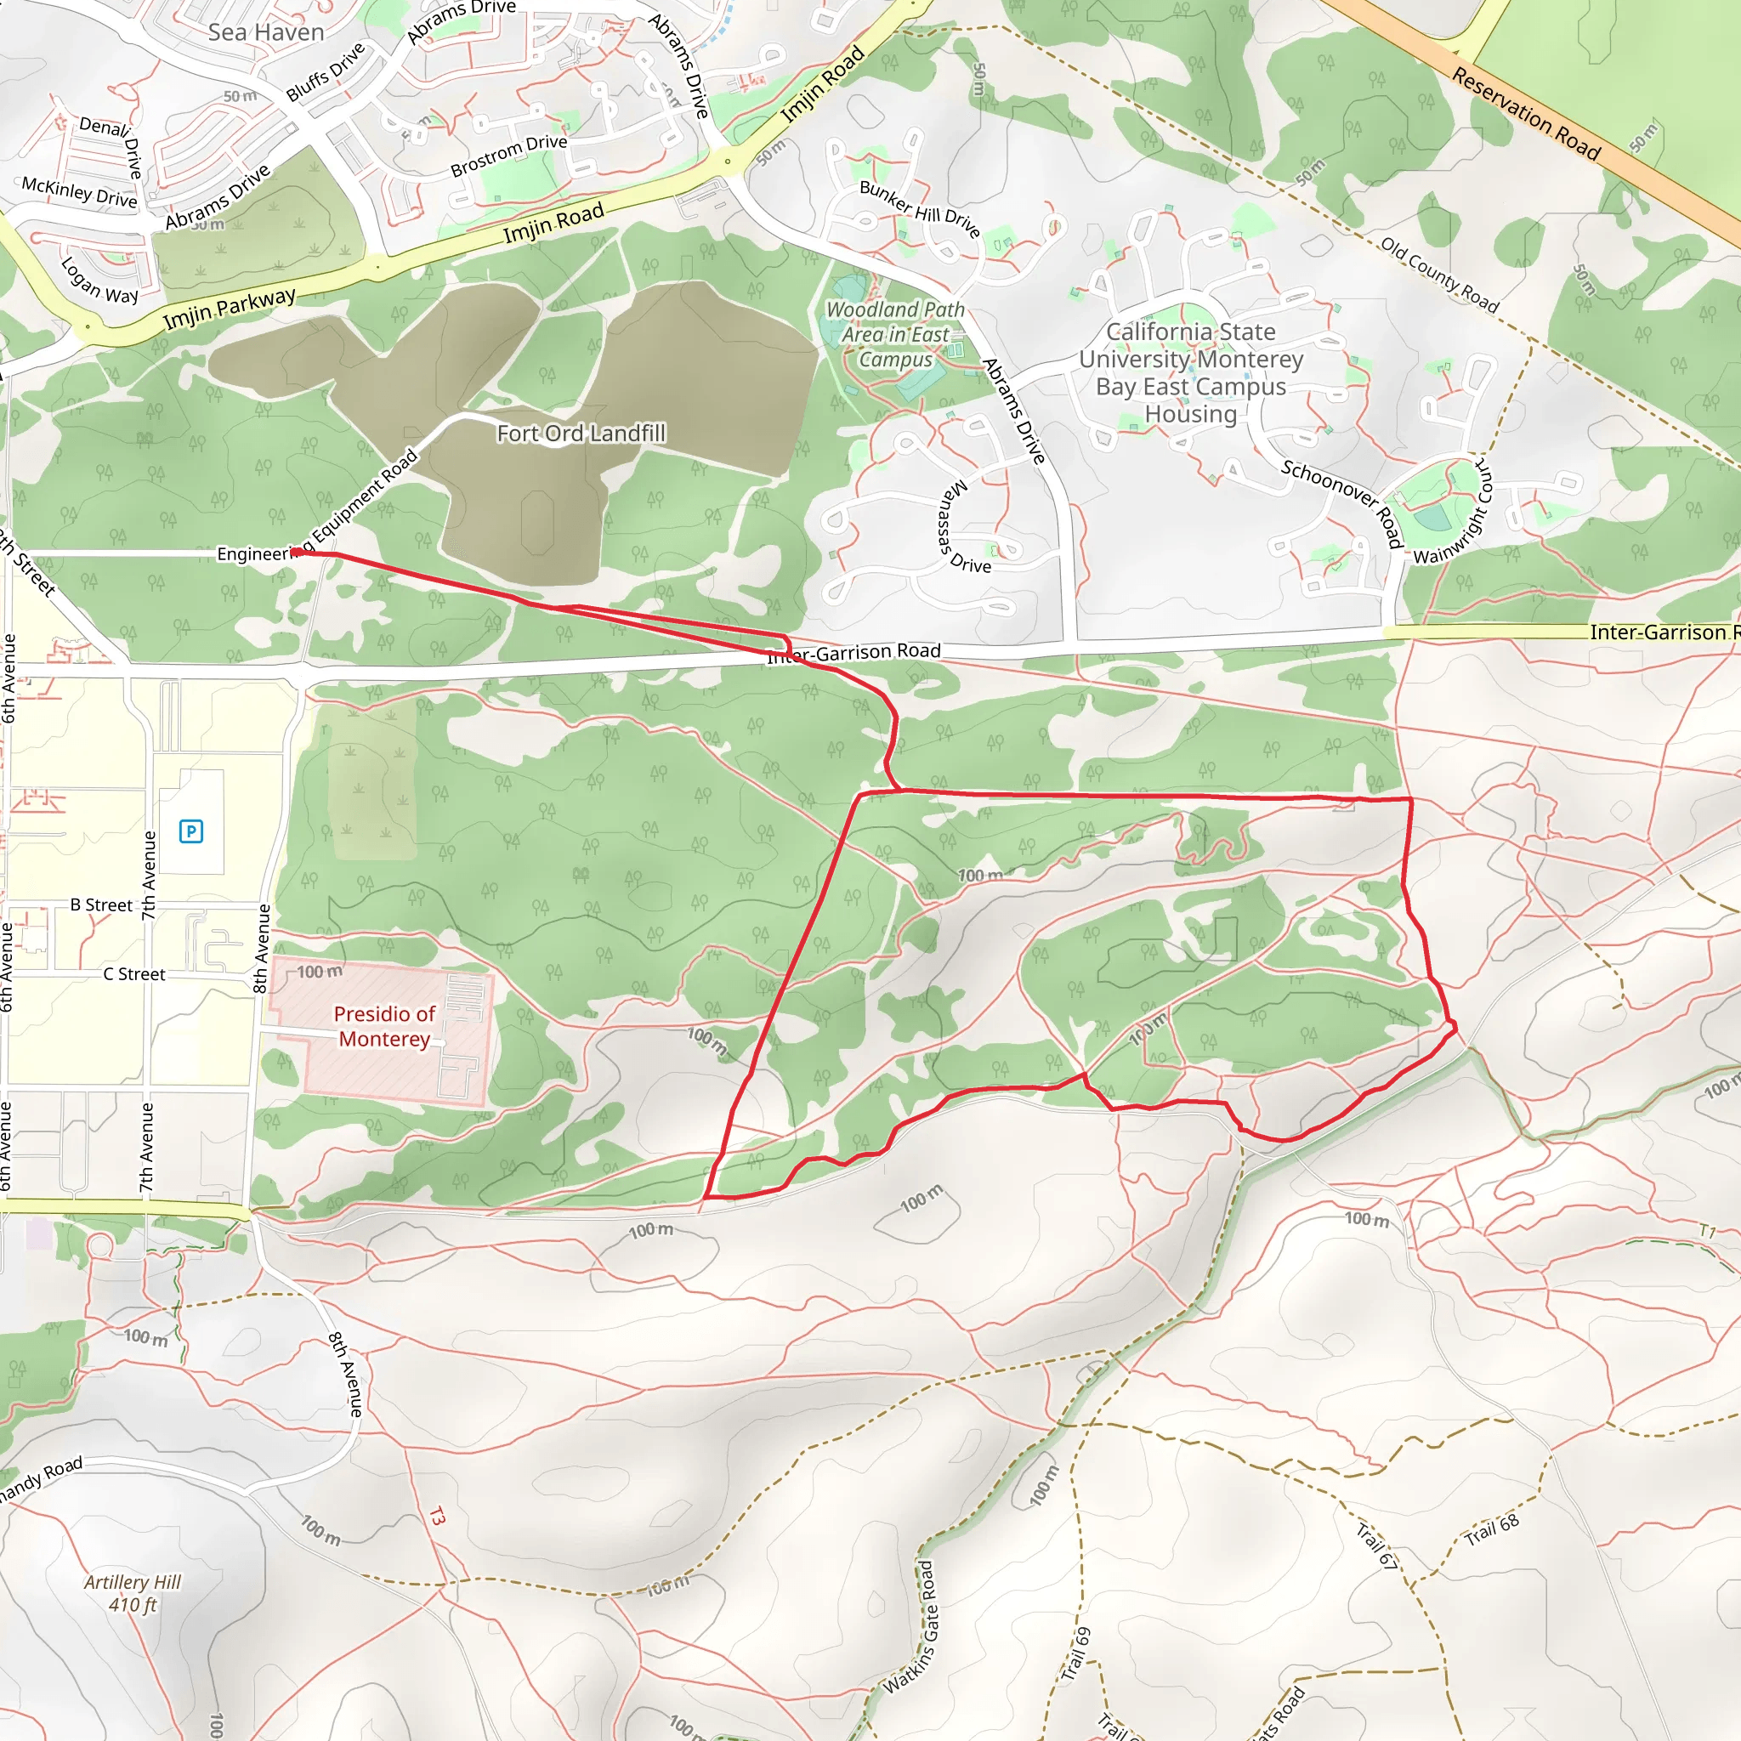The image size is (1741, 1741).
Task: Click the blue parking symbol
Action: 191,831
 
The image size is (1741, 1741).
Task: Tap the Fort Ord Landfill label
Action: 581,434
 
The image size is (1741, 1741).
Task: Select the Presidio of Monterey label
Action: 384,1026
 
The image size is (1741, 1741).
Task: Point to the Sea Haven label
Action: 266,32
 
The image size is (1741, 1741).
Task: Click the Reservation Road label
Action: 1526,115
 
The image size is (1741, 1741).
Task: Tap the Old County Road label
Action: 1439,275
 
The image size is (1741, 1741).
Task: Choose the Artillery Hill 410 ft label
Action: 133,1593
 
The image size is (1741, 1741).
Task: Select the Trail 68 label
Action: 1491,1530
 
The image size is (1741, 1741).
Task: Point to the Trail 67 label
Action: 1376,1545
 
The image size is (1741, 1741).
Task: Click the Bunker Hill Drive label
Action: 919,208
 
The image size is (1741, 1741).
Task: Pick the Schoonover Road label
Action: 1342,501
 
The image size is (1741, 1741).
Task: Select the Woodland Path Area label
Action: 896,334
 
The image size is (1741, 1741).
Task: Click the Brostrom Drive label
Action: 509,155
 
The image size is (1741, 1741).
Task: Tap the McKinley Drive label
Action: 79,191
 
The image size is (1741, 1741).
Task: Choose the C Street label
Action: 133,974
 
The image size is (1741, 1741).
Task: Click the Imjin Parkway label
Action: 229,309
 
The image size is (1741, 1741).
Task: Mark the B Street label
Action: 101,905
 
